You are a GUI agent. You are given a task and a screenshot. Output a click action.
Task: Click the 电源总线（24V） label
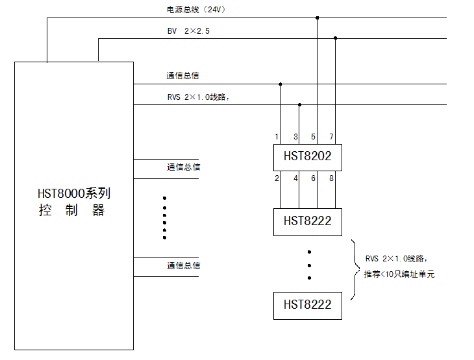point(196,10)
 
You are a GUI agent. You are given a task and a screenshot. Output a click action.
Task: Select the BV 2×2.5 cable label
point(188,30)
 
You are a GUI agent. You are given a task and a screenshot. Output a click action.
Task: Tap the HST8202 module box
point(307,156)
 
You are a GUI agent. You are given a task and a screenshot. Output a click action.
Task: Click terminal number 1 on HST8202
point(277,137)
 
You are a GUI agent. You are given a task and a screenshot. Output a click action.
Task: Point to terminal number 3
point(295,137)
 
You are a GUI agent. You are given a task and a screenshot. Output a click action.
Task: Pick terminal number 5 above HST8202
point(314,137)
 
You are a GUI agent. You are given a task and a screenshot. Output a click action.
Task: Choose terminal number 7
point(331,137)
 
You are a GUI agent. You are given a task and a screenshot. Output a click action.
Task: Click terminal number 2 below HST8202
point(277,178)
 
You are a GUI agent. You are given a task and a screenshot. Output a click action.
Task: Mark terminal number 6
point(314,178)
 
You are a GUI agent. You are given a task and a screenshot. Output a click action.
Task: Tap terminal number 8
point(331,178)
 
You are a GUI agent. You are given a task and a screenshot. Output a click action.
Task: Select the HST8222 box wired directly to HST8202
point(307,221)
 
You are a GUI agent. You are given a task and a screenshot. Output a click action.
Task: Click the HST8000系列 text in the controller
point(73,193)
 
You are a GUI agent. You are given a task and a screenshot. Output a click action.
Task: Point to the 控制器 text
point(71,211)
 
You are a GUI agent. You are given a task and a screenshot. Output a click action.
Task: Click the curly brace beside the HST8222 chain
point(355,270)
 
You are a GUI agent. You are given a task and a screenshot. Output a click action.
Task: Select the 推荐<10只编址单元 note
point(399,274)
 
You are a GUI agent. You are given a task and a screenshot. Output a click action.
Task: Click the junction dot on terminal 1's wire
point(281,84)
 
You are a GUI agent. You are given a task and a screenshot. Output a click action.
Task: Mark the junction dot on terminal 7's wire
point(336,38)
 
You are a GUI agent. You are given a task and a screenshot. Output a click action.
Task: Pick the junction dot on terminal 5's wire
point(317,18)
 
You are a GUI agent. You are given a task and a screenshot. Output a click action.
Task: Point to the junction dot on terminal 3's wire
point(299,104)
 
